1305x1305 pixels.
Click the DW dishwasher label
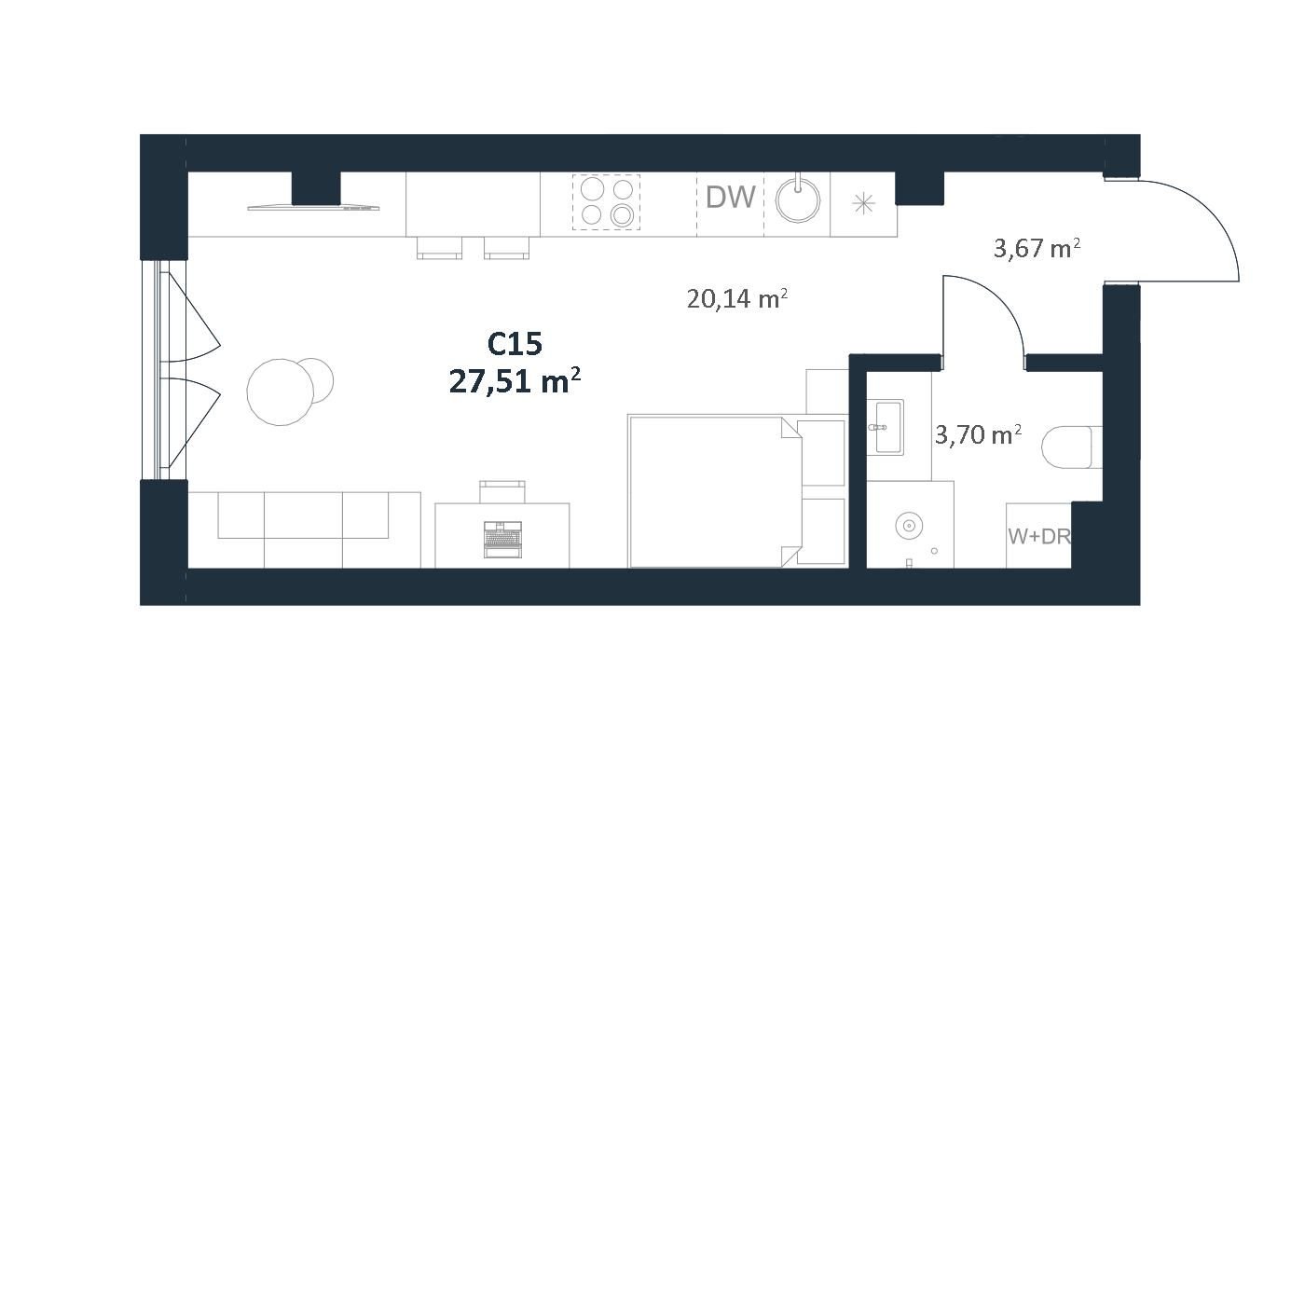tap(730, 197)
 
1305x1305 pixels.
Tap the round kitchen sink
tap(798, 200)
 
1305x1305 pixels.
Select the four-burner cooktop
tap(606, 202)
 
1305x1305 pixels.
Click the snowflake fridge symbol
tap(863, 204)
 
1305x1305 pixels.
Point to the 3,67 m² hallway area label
tap(1037, 249)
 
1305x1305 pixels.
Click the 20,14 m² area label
tap(736, 298)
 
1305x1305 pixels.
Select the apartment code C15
tap(515, 344)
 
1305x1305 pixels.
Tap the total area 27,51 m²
tap(515, 382)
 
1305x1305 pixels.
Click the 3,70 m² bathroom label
tap(978, 434)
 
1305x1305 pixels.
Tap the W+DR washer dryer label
tap(1038, 537)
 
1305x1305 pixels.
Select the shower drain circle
tap(908, 526)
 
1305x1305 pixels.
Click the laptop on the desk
tap(502, 539)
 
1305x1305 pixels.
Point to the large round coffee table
tap(280, 392)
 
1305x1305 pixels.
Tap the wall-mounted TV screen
tap(313, 207)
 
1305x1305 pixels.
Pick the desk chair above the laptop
tap(501, 491)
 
